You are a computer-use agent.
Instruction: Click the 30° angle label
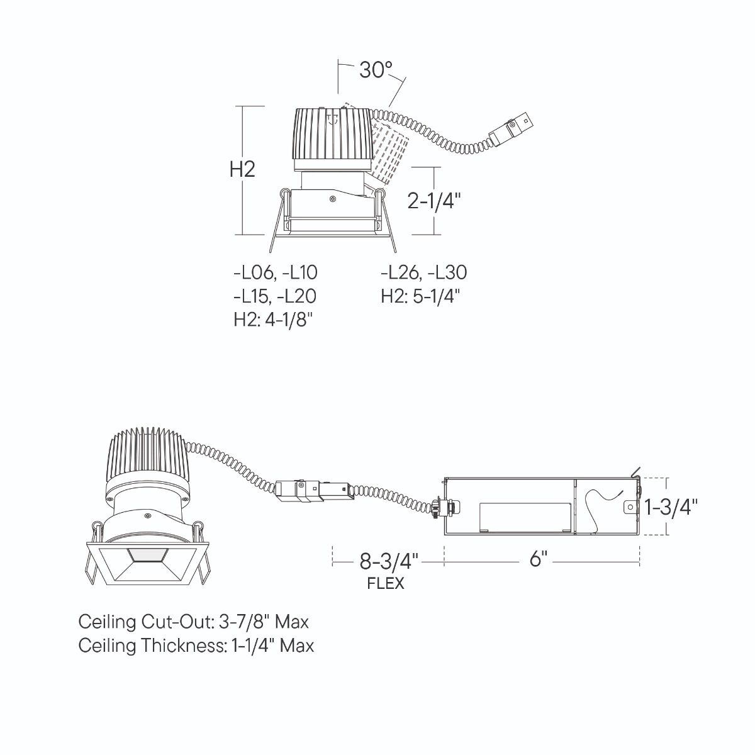coord(376,70)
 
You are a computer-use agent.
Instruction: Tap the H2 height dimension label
coord(242,170)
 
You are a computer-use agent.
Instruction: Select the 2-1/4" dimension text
coord(433,201)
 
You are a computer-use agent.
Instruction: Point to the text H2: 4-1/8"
coord(274,320)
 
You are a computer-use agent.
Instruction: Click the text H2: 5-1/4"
coord(420,296)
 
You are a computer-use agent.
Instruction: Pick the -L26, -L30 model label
coord(424,272)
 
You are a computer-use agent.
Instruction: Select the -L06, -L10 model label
coord(276,272)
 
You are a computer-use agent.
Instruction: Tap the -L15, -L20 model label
coord(275,296)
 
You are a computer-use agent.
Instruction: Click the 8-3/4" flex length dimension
coord(389,561)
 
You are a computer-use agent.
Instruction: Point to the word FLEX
coord(386,584)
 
